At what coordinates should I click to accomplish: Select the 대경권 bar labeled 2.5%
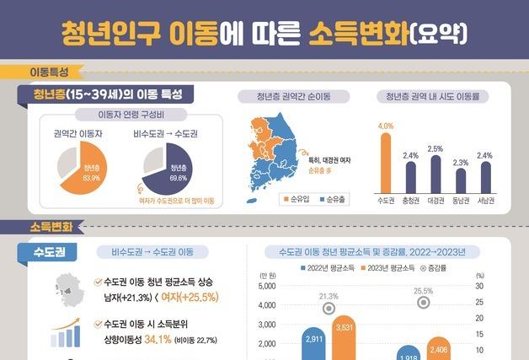435,175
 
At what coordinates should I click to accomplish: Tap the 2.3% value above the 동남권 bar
460,162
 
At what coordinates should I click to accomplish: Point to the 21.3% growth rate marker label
329,296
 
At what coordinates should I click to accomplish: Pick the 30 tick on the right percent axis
478,287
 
